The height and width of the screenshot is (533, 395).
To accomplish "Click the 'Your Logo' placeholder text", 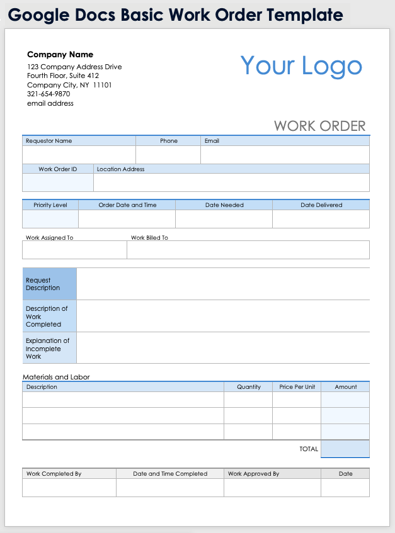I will pyautogui.click(x=301, y=66).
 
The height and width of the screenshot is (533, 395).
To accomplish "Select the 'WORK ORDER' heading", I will pyautogui.click(x=319, y=126).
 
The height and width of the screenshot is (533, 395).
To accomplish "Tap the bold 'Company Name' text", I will pyautogui.click(x=60, y=55).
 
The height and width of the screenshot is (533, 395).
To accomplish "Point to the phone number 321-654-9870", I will pyautogui.click(x=49, y=94).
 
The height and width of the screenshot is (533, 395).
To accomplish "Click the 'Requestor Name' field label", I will pyautogui.click(x=49, y=141).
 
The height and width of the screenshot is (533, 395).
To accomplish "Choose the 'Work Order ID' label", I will pyautogui.click(x=57, y=169).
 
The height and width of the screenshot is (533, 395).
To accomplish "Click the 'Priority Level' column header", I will pyautogui.click(x=50, y=205).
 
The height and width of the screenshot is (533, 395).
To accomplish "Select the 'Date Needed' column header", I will pyautogui.click(x=224, y=205).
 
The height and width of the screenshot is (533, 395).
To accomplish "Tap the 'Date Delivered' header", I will pyautogui.click(x=321, y=205).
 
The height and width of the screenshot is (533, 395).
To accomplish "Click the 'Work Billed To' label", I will pyautogui.click(x=149, y=238).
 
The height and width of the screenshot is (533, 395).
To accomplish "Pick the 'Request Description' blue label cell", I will pyautogui.click(x=49, y=284).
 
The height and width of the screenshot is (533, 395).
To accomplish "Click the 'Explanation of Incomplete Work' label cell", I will pyautogui.click(x=49, y=348).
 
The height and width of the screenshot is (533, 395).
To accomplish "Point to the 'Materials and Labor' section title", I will pyautogui.click(x=56, y=377).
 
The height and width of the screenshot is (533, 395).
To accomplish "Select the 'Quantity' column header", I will pyautogui.click(x=249, y=387).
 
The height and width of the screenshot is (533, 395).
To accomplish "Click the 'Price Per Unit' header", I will pyautogui.click(x=297, y=387).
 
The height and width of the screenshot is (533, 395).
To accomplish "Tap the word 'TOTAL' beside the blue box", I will pyautogui.click(x=309, y=449).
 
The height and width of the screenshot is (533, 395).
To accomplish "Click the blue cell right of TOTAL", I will pyautogui.click(x=345, y=449).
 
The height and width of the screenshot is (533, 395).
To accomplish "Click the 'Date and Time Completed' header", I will pyautogui.click(x=170, y=474).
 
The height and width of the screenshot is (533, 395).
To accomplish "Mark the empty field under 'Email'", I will pyautogui.click(x=285, y=155).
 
